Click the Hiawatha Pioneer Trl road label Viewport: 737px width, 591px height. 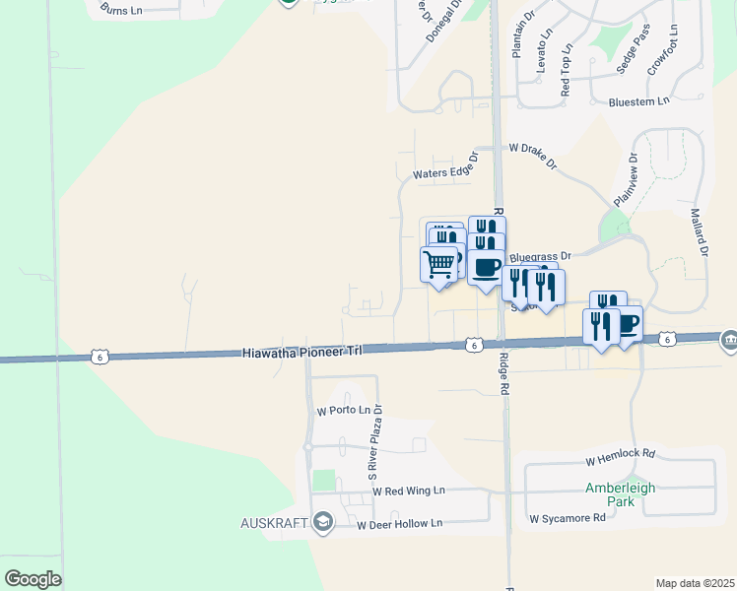pos(292,352)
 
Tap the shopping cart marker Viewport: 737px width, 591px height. pos(438,263)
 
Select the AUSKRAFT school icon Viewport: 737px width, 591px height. pos(322,522)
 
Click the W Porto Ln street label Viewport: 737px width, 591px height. pos(342,410)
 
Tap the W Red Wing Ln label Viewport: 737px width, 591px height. pos(409,491)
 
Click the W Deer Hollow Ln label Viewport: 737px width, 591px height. pos(400,524)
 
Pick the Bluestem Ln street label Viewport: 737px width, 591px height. pos(638,100)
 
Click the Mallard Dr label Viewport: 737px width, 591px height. pos(701,231)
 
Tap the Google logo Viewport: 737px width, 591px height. pos(33,579)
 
